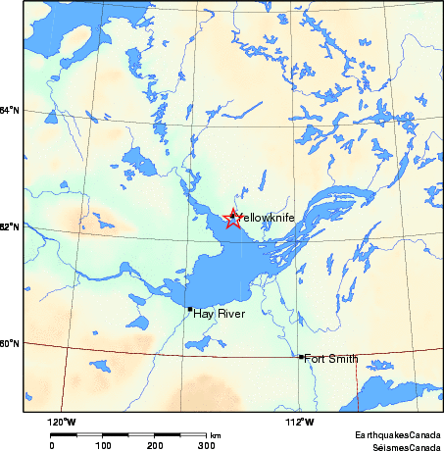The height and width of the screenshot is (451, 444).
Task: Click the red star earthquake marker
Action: pos(232,219)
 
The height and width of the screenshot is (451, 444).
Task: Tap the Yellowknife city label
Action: pos(267,217)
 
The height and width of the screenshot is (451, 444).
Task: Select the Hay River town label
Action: pos(216,313)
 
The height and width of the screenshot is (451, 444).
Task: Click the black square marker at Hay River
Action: pos(190,309)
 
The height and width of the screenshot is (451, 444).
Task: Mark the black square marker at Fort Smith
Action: pos(300,357)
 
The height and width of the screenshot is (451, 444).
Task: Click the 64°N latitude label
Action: pos(9,109)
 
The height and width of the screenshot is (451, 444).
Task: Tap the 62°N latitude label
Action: pos(9,227)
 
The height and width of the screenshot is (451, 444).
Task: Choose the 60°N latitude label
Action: pos(9,343)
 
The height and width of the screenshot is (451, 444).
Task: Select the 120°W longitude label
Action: pos(63,422)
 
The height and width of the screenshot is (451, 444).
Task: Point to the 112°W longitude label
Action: pos(300,422)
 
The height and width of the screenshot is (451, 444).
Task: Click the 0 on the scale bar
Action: pos(51,445)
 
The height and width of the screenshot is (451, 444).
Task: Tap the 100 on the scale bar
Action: pos(103,445)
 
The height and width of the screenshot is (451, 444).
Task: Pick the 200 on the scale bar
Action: pos(155,445)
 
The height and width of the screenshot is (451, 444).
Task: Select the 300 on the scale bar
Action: pos(206,445)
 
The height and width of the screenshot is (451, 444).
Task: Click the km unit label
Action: pos(216,434)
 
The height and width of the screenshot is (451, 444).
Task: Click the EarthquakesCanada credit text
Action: pos(397,433)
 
